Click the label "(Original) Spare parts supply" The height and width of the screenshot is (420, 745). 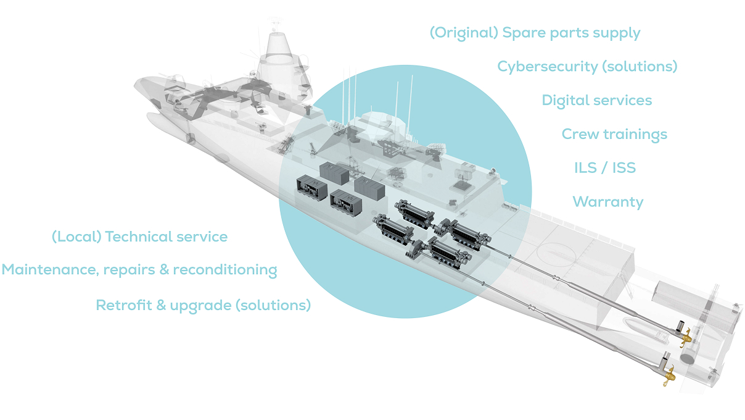tap(535, 33)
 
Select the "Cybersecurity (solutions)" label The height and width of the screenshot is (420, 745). tap(587, 66)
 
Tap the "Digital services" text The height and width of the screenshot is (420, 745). tap(596, 100)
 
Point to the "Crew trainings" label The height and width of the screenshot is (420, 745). tap(614, 134)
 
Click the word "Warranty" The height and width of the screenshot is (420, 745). tap(607, 201)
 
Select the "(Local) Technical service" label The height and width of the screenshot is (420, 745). tap(139, 237)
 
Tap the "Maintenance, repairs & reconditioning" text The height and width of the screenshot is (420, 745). tap(139, 270)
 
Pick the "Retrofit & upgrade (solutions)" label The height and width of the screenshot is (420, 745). tap(204, 304)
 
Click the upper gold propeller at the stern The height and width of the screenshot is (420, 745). tap(685, 338)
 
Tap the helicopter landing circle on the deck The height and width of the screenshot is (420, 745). tap(553, 252)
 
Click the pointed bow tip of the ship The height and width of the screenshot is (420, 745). tap(137, 82)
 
